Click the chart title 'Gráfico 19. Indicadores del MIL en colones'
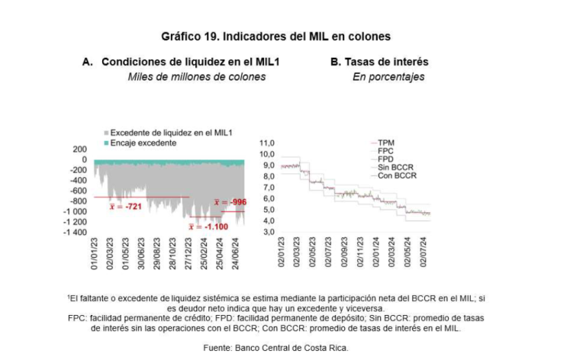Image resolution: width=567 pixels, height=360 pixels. (x=275, y=36)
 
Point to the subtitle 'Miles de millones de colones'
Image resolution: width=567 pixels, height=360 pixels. (x=197, y=76)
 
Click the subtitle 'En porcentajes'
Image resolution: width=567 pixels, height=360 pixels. (x=388, y=76)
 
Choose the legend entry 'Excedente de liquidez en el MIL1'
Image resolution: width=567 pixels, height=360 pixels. (x=172, y=133)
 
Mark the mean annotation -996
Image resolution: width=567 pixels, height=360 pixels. (x=230, y=202)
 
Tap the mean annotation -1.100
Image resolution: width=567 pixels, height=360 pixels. (x=207, y=227)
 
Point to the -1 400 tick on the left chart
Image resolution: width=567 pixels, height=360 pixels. (x=77, y=232)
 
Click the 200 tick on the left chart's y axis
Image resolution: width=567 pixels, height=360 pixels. (x=80, y=149)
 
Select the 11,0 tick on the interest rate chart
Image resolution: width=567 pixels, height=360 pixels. (x=266, y=143)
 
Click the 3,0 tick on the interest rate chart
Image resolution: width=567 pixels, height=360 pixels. (x=266, y=232)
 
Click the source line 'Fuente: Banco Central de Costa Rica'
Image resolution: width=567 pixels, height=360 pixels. (x=276, y=348)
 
